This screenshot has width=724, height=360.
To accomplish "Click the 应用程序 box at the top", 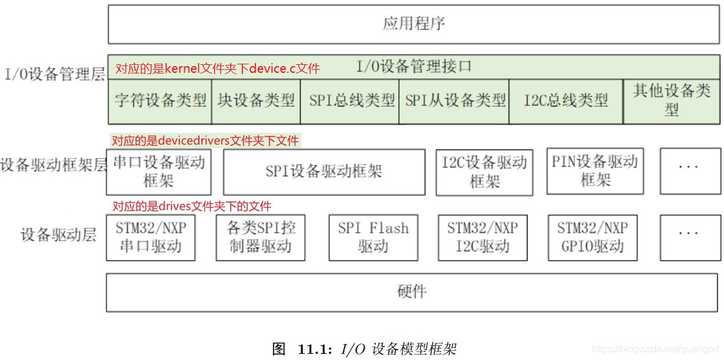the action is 414,24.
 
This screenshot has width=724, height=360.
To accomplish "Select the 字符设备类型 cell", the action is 160,101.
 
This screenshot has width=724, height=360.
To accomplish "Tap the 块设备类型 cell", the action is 256,101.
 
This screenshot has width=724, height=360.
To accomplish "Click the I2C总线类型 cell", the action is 565,101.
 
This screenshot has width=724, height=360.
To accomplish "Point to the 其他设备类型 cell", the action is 671,101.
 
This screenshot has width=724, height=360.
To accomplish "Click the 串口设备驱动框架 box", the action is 159,172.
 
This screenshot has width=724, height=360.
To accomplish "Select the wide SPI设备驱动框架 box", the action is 324,172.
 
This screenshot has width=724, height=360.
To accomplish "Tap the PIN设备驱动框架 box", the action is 595,171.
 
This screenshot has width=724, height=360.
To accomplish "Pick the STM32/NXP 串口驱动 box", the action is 151,238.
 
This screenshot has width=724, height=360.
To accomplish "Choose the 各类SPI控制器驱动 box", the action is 261,238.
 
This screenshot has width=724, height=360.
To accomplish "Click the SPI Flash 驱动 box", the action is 373,238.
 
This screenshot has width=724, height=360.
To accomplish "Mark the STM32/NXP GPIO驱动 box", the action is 592,238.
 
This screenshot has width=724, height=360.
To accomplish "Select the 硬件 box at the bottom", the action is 412,292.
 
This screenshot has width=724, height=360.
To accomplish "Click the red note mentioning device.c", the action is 217,69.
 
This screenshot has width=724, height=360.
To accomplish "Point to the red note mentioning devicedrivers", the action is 205,141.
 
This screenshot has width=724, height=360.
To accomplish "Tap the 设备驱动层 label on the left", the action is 59,235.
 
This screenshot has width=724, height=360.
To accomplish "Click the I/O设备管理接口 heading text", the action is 414,66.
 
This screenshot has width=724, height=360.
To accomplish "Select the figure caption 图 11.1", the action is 364,349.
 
